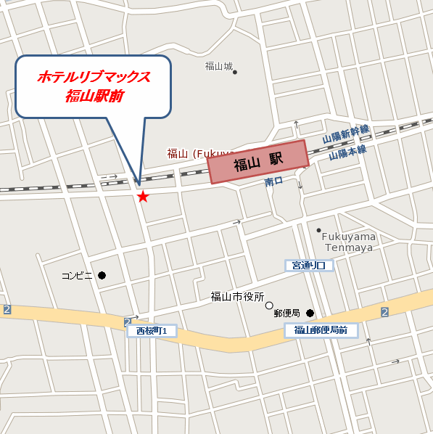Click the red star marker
coord(143,197)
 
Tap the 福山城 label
coord(218,67)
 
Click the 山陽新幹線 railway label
coord(347,134)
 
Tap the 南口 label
coord(273,181)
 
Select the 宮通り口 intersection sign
coord(309,266)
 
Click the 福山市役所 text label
coord(236,296)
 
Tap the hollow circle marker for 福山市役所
coord(269,306)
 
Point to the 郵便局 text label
coord(287,314)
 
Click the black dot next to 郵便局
coord(310,314)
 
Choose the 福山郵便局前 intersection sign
coord(321,331)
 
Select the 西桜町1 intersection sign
coord(152,331)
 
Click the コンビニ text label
coord(78,276)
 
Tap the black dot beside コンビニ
coord(102,275)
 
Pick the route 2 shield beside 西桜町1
coord(128,321)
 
